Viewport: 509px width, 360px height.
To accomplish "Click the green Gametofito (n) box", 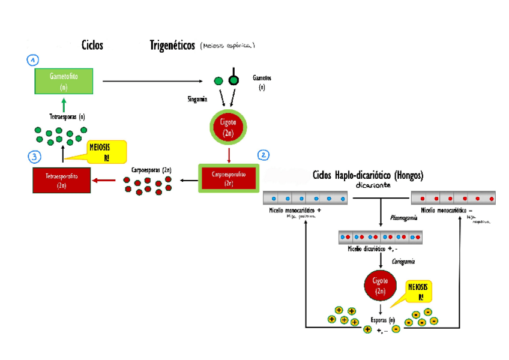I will (64, 81).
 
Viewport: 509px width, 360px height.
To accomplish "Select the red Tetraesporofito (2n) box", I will (61, 180).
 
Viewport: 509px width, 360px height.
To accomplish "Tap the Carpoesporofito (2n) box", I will (229, 178).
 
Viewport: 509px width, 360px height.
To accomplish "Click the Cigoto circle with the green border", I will (227, 128).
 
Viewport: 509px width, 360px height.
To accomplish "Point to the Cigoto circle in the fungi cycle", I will (381, 286).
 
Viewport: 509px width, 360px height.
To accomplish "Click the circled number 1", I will (33, 60).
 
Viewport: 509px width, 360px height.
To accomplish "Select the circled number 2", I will (263, 155).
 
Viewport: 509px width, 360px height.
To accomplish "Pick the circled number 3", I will (34, 157).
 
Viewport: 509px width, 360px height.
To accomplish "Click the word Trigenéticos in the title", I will (172, 46).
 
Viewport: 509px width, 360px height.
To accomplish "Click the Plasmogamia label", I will (403, 218).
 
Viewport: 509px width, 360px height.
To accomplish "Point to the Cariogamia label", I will (403, 261).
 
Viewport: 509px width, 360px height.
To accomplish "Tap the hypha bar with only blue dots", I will (305, 197).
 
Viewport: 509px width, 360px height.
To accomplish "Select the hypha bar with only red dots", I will (453, 197).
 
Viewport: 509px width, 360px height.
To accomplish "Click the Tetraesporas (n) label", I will (67, 117).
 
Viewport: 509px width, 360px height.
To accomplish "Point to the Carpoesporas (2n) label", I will (151, 170).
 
